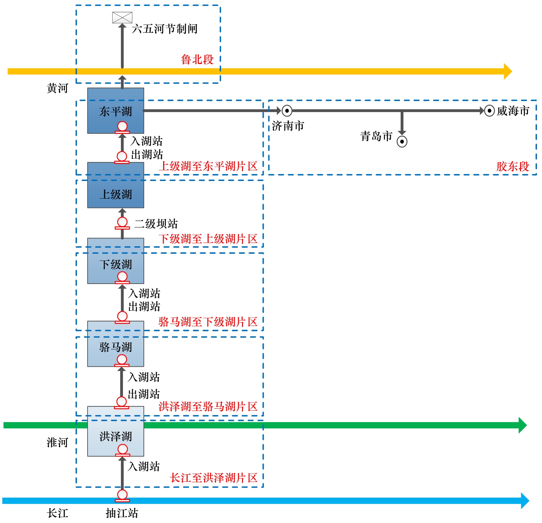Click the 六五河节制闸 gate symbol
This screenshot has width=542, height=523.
122,18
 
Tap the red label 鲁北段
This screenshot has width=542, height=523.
197,60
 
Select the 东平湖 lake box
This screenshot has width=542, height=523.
116,110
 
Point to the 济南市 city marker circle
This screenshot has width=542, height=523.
287,111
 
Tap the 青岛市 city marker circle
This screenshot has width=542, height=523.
402,142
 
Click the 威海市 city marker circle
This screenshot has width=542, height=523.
489,111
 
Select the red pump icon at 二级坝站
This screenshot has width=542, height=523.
122,223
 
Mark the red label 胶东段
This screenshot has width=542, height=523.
513,166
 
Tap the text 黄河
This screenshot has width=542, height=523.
57,88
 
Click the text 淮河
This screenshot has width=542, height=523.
57,442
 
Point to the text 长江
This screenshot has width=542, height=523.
57,513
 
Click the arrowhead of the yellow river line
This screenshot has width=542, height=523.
507,71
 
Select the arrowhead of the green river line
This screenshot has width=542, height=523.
522,425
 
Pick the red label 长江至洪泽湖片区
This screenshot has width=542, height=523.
213,478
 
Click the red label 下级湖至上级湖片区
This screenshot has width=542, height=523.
208,239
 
